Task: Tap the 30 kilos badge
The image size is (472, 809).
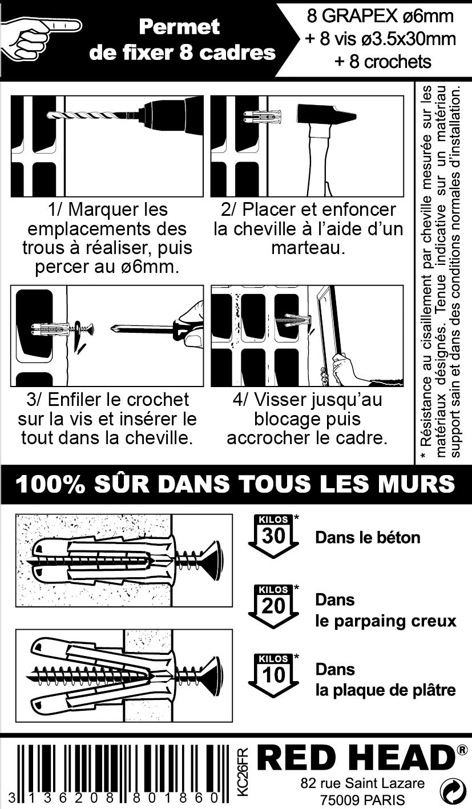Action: [x=273, y=536]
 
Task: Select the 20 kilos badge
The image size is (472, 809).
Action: [x=273, y=606]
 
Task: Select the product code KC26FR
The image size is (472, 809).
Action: [x=243, y=772]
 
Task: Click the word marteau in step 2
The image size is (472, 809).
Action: [x=308, y=248]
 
